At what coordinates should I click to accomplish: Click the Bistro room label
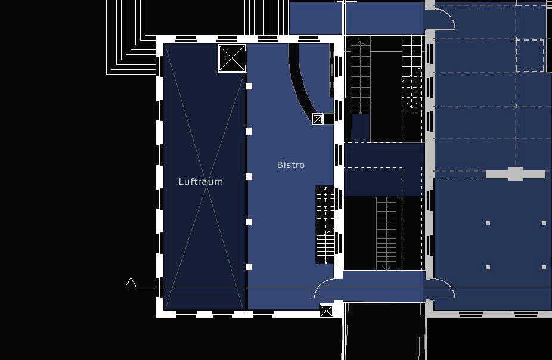coord(291,165)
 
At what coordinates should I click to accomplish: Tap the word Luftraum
coord(201,182)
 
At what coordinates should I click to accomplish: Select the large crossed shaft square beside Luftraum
coord(232,58)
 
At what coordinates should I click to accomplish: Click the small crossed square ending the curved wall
coord(318,119)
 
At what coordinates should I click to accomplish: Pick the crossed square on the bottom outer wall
coord(326,311)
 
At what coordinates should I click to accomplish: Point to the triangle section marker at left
coord(131,283)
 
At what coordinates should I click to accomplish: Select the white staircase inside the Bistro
coord(325,225)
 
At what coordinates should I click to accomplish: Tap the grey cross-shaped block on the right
coord(516,174)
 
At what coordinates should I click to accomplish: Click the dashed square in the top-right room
coord(530,55)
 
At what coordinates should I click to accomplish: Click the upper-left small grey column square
coord(488,223)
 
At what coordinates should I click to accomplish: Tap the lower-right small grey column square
coord(544,268)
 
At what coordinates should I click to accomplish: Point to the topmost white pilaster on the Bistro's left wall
coord(249,86)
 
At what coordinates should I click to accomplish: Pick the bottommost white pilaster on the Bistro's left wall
coord(249,267)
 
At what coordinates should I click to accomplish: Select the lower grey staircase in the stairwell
coord(386,234)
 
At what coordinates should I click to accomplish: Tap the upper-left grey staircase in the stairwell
coord(361,77)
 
